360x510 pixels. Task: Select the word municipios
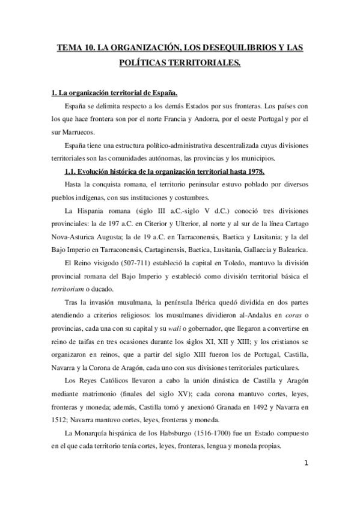(255, 159)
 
